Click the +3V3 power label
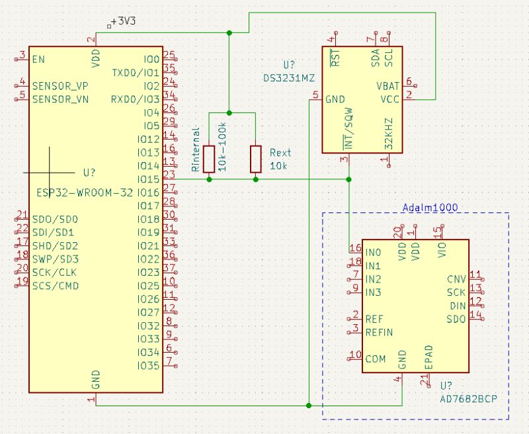(124, 22)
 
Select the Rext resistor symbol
(256, 159)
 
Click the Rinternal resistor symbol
(210, 159)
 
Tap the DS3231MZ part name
(288, 78)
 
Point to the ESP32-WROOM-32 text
(84, 193)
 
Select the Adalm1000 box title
(430, 207)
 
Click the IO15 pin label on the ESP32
(148, 179)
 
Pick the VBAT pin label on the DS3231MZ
(388, 86)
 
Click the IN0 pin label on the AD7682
(374, 252)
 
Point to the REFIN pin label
(380, 332)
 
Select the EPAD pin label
(428, 357)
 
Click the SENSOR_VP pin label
(60, 86)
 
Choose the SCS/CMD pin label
(56, 286)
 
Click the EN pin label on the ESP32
(38, 60)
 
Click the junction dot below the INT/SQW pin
(348, 179)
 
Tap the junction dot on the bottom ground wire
(309, 405)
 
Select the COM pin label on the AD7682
(376, 359)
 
